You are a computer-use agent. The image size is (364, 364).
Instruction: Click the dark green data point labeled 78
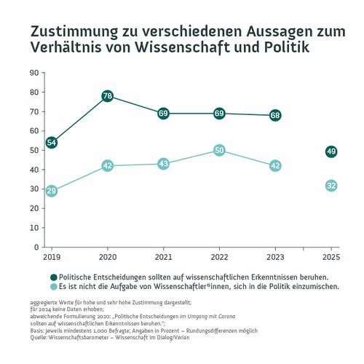tap(107, 96)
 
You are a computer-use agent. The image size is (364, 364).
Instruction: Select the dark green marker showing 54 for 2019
tap(52, 143)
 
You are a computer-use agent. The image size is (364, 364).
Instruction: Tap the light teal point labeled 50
tap(219, 150)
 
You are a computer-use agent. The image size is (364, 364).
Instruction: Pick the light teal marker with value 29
tap(52, 191)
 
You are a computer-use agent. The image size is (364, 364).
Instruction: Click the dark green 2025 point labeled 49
tap(331, 151)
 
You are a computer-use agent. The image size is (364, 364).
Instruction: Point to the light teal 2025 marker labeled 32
tap(331, 186)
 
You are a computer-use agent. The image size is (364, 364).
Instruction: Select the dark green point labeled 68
tap(275, 115)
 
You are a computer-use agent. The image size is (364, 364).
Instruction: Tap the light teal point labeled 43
tap(163, 164)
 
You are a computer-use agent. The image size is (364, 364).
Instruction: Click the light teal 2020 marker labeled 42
tap(107, 166)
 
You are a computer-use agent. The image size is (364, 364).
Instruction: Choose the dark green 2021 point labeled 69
tap(163, 114)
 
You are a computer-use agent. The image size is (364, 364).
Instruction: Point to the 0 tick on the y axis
tap(36, 247)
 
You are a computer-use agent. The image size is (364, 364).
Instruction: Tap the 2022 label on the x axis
tap(219, 258)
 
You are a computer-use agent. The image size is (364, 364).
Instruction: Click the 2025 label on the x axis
tap(331, 258)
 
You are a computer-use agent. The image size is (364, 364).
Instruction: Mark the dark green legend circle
tap(53, 277)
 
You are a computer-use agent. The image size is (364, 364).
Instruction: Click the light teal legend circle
tap(53, 287)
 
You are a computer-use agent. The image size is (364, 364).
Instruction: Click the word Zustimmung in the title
tap(71, 33)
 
